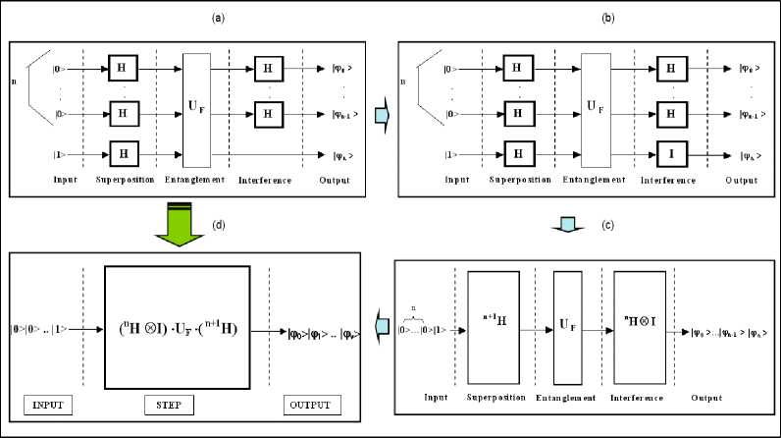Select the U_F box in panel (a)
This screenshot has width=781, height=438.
(x=198, y=110)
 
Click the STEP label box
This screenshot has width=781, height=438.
(x=179, y=405)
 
